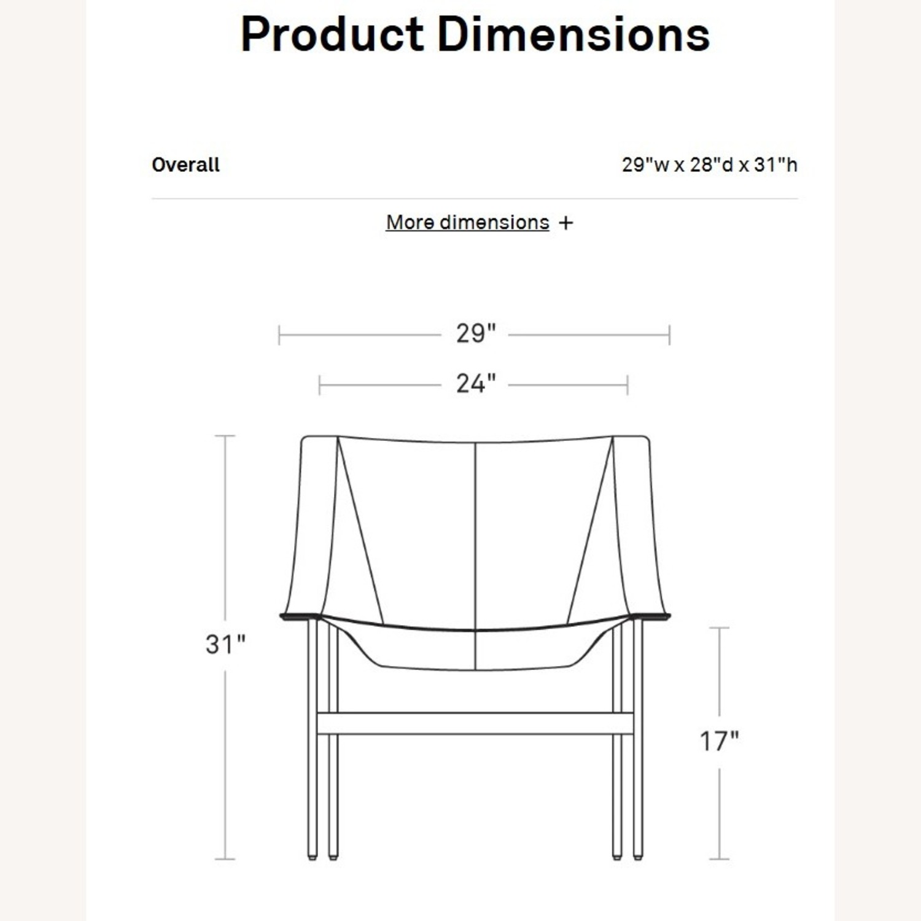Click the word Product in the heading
[x=332, y=34]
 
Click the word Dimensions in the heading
[x=573, y=34]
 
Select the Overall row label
[x=185, y=165]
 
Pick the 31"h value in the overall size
[x=775, y=165]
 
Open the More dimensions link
[x=467, y=222]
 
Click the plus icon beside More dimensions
[x=566, y=223]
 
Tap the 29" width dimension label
[x=476, y=333]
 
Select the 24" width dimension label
[x=476, y=384]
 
